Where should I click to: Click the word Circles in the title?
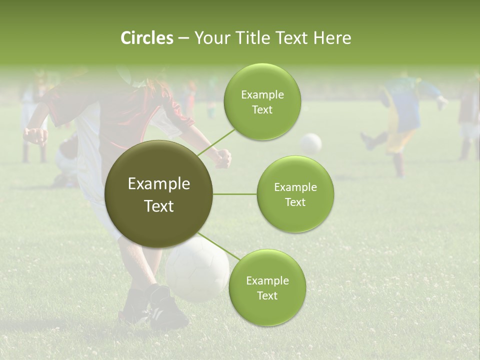click(x=146, y=38)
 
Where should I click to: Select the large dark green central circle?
click(x=158, y=194)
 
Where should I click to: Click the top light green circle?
click(x=262, y=101)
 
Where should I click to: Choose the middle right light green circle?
click(x=295, y=194)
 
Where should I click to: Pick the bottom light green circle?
click(x=267, y=287)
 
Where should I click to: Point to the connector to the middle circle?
click(x=235, y=194)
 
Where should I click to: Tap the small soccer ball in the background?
click(x=311, y=143)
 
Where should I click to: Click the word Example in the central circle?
click(x=158, y=184)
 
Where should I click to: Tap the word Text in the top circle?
click(x=262, y=109)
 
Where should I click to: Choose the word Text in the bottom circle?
click(x=267, y=295)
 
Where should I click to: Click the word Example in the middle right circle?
click(x=295, y=187)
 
